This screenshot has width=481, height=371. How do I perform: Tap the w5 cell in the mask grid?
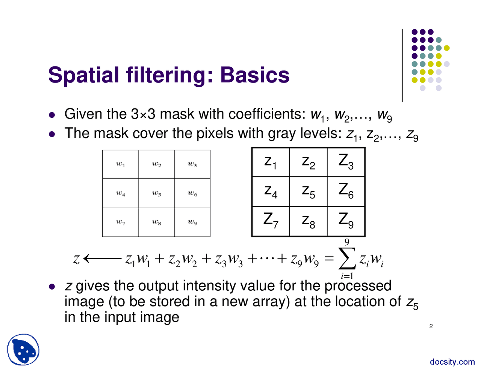pyautogui.click(x=156, y=194)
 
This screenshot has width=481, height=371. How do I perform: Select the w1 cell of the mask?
pyautogui.click(x=121, y=164)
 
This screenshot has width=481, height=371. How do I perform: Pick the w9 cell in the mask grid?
pyautogui.click(x=192, y=222)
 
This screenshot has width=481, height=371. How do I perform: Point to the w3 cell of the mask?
pyautogui.click(x=192, y=164)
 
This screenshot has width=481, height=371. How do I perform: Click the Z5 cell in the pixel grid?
pyautogui.click(x=309, y=191)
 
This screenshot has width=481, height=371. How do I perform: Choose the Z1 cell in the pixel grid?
pyautogui.click(x=271, y=162)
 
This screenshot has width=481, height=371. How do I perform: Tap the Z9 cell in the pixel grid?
pyautogui.click(x=346, y=221)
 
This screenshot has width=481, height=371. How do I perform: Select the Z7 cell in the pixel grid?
pyautogui.click(x=271, y=221)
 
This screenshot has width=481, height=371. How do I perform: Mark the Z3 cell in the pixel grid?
pyautogui.click(x=346, y=162)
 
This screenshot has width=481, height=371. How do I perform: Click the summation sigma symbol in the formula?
pyautogui.click(x=347, y=259)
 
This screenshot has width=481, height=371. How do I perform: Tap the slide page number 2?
pyautogui.click(x=431, y=326)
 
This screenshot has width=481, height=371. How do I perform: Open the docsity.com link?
pyautogui.click(x=452, y=362)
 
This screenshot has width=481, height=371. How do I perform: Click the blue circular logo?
pyautogui.click(x=23, y=350)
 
